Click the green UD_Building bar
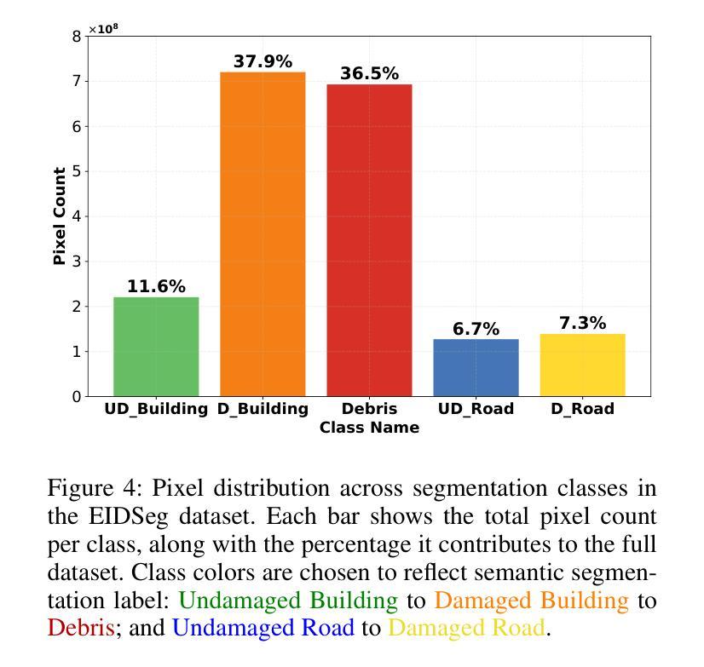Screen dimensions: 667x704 pos(156,347)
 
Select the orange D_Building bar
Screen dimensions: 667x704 pos(263,234)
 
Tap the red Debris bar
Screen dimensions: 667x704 pos(369,240)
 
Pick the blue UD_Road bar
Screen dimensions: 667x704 pos(476,367)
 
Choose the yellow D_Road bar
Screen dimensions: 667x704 pos(582,365)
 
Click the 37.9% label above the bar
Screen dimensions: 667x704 pos(263,62)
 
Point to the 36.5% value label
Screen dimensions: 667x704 pos(369,74)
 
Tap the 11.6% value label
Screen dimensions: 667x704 pos(156,287)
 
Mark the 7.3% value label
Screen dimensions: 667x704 pos(582,324)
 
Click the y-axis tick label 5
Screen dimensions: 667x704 pos(77,171)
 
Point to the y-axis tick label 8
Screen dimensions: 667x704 pos(77,37)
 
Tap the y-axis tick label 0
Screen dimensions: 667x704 pos(77,397)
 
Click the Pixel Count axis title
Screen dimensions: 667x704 pos(60,216)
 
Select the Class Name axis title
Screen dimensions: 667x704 pos(369,428)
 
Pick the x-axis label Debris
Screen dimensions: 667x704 pos(369,410)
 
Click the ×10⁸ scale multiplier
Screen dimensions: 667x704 pos(103,29)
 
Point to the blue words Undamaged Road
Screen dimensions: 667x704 pos(263,629)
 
